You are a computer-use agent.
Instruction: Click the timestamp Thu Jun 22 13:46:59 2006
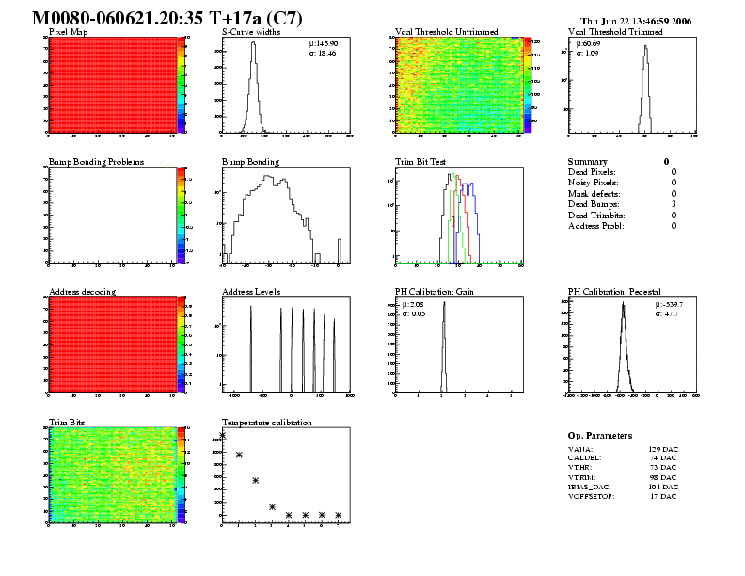(x=636, y=21)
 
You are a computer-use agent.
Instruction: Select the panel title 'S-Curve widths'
(x=249, y=32)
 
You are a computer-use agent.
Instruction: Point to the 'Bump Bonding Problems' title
(x=96, y=162)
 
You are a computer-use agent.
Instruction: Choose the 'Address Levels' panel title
(x=251, y=292)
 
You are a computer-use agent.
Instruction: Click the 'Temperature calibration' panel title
(x=266, y=423)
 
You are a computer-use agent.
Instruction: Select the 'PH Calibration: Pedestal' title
(x=616, y=292)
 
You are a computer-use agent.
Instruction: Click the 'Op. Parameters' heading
(x=600, y=436)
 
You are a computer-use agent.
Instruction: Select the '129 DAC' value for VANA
(x=662, y=450)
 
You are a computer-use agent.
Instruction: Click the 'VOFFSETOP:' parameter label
(x=591, y=496)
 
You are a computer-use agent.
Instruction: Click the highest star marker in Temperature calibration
(x=222, y=435)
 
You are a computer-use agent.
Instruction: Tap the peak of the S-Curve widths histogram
(x=253, y=43)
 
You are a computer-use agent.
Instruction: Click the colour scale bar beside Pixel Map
(x=182, y=85)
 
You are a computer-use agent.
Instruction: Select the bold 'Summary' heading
(x=588, y=162)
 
